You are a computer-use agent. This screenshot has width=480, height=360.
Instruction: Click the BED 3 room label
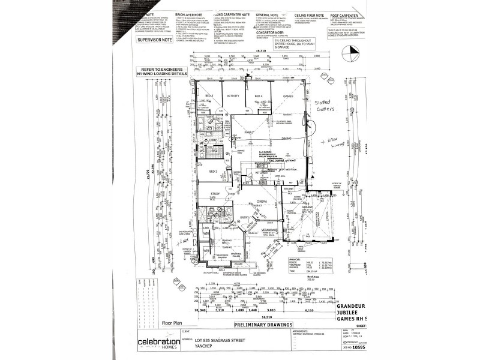click(x=209, y=96)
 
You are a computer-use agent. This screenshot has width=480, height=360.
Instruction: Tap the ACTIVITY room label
click(x=233, y=96)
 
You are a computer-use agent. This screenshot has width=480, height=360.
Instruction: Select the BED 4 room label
click(x=258, y=96)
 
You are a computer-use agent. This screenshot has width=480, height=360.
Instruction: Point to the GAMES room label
click(x=287, y=96)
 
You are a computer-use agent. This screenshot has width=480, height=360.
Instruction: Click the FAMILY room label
click(x=248, y=131)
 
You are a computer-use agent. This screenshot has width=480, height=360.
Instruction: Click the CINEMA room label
click(x=262, y=202)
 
